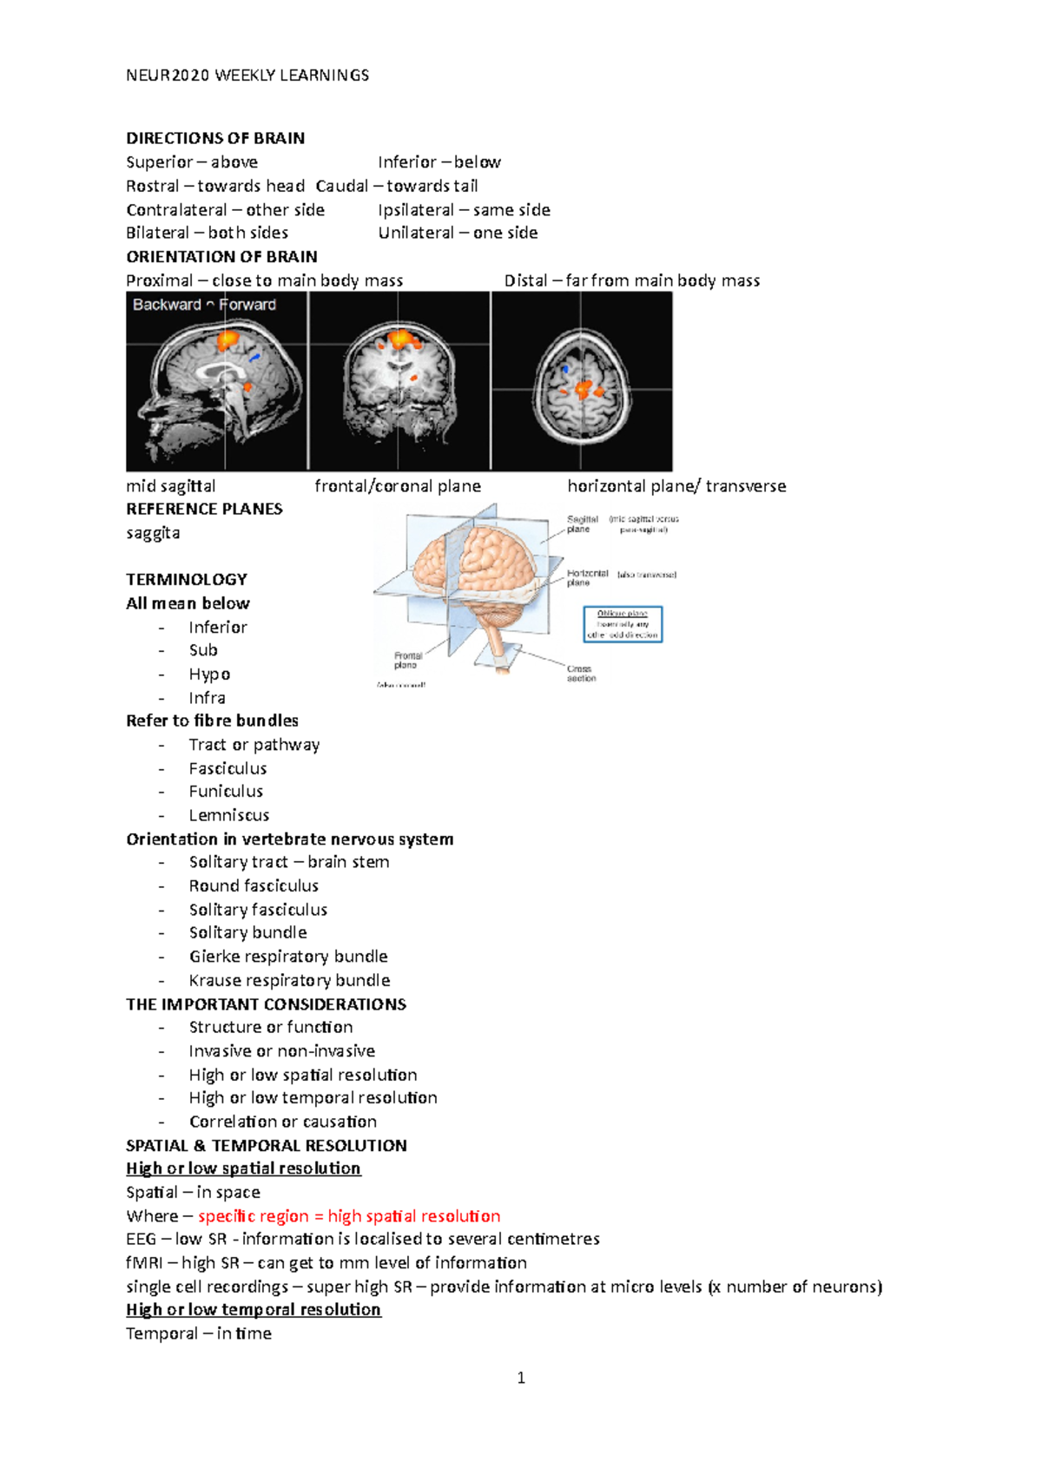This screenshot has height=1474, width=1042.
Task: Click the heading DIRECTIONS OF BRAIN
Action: [x=215, y=138]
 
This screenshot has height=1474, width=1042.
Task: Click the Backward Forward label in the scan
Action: [x=204, y=305]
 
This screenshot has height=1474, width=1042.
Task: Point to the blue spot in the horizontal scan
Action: [x=565, y=369]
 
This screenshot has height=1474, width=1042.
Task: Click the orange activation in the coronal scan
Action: [x=400, y=338]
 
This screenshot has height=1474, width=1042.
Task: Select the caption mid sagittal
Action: [x=171, y=486]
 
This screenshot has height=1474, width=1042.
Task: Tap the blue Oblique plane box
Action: [x=623, y=624]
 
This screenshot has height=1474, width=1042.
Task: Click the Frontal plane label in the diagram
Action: [x=407, y=661]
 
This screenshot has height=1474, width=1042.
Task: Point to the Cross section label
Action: [x=580, y=674]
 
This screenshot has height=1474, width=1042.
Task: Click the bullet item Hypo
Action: [x=209, y=674]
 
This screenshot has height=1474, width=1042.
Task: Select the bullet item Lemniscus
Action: [x=229, y=815]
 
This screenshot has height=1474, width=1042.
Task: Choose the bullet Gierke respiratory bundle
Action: [x=288, y=957]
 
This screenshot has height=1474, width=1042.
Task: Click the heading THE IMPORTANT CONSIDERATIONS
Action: [x=266, y=1004]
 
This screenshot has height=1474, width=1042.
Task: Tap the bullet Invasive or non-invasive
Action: [x=282, y=1051]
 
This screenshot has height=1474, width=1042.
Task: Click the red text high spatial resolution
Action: [x=414, y=1216]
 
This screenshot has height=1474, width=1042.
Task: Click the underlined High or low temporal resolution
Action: [x=254, y=1310]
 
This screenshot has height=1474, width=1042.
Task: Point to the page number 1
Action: [x=521, y=1378]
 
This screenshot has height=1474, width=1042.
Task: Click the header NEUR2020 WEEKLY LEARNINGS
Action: [x=247, y=76]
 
